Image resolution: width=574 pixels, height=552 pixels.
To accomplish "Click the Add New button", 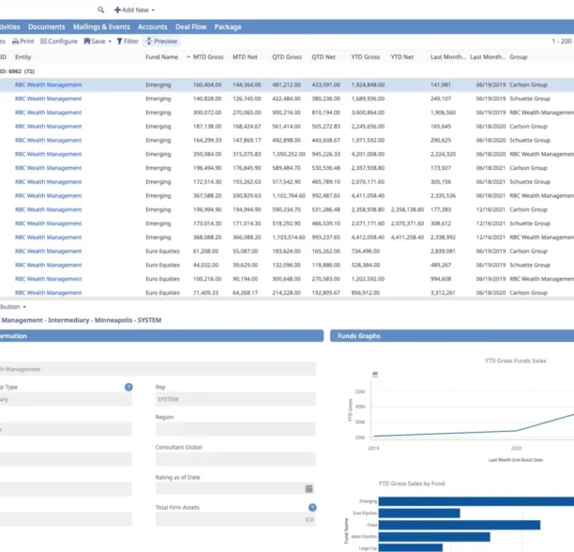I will pos(134,9).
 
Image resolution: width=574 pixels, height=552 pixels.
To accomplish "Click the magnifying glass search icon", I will pos(101,9).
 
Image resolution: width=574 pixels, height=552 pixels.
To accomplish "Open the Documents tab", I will pos(46,27).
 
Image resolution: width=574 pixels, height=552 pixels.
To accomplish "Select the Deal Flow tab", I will pos(190,27).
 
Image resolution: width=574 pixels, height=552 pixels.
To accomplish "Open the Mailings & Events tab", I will pos(101,27).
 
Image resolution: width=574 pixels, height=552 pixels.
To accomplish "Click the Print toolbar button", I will pos(23,41).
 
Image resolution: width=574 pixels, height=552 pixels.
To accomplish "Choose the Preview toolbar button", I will pos(161,41).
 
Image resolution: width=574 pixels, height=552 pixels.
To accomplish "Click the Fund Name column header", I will pos(161,57).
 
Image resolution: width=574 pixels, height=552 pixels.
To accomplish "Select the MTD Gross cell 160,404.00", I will pos(207,84).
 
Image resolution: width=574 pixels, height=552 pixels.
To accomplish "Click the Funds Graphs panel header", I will pos(358,336).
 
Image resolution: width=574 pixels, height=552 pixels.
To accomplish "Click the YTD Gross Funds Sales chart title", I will pos(517,360).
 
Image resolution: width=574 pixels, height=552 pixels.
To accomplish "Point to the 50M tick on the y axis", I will pos(359,391).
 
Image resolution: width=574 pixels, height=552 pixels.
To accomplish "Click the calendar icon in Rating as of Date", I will pos(310,488).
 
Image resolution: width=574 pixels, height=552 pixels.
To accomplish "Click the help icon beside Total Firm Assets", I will pos(311,507).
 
